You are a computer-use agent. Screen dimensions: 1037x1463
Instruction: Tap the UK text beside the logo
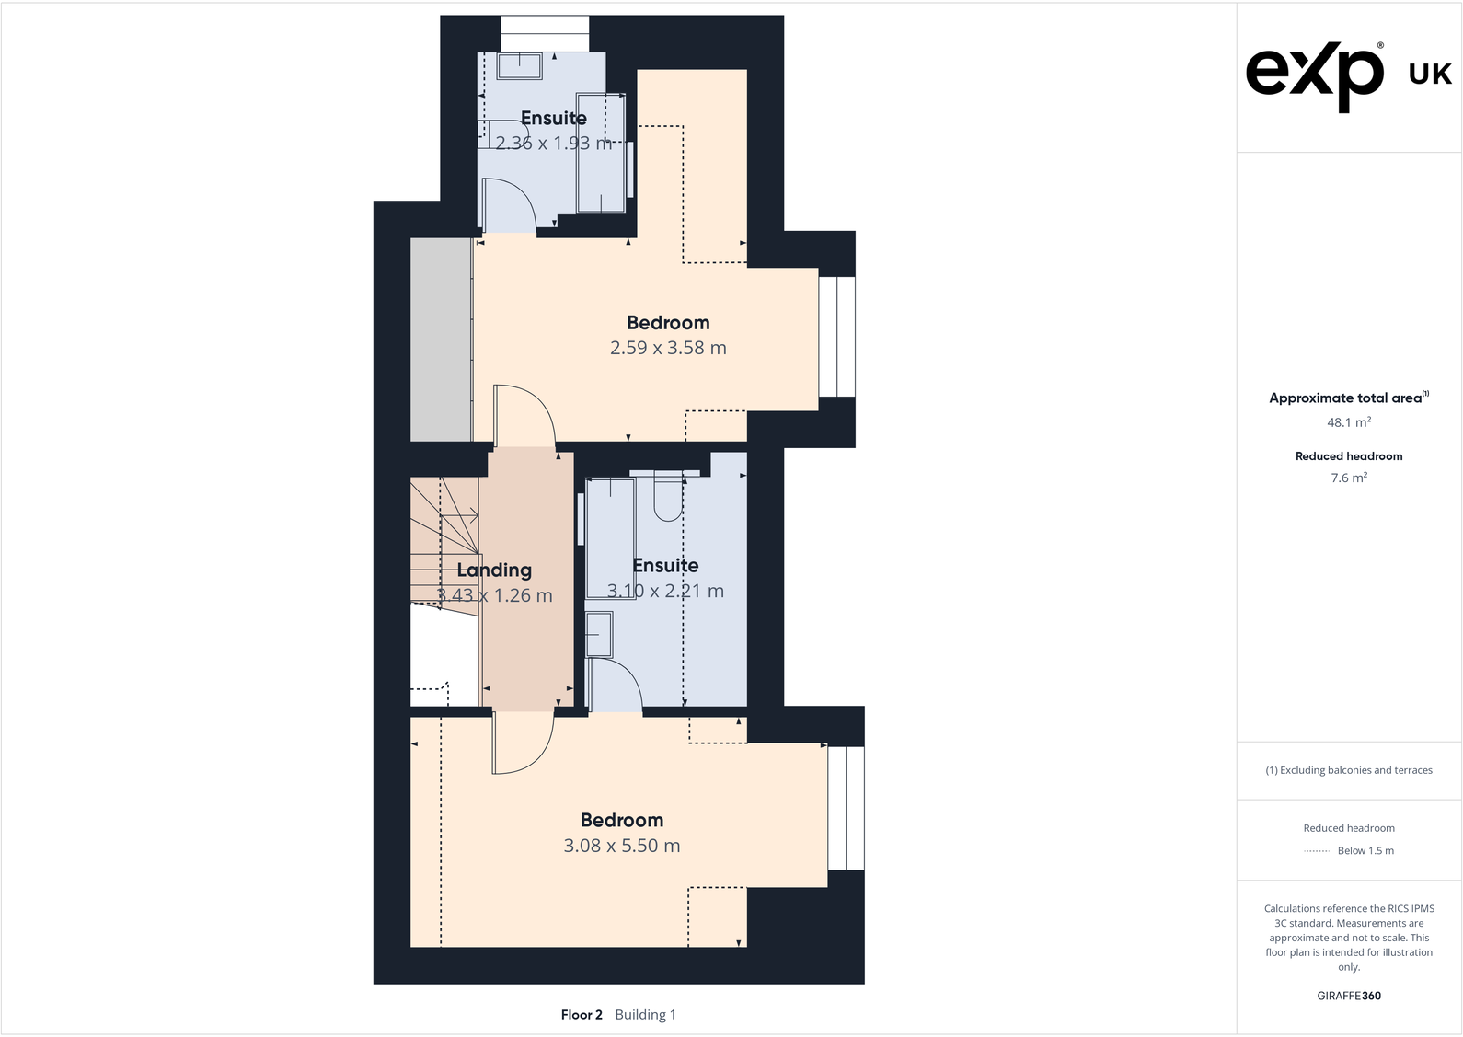(x=1430, y=75)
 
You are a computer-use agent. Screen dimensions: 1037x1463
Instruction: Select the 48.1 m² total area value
(x=1348, y=422)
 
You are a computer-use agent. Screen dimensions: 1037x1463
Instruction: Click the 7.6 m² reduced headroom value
(x=1348, y=478)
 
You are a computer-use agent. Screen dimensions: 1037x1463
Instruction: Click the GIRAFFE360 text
(x=1348, y=996)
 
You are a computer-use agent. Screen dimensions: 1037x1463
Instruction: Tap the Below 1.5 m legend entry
(x=1365, y=850)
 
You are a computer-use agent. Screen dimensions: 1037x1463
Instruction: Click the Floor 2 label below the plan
(x=581, y=1014)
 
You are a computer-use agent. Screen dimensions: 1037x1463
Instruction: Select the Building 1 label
(x=645, y=1014)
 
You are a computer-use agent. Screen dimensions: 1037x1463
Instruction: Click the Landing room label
(x=494, y=570)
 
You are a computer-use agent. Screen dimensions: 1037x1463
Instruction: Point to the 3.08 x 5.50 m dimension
(x=621, y=846)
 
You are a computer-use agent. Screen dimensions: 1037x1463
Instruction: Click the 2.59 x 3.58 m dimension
(x=668, y=348)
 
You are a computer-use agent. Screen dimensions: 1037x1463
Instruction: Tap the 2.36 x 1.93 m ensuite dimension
(x=553, y=143)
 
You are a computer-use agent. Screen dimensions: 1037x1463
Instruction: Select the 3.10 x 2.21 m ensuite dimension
(x=665, y=591)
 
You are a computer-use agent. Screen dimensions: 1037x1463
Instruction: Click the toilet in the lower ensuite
(x=668, y=500)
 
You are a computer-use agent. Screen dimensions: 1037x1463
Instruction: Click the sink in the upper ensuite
(x=520, y=65)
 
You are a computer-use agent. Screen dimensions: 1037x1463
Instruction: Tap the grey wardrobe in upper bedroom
(x=441, y=340)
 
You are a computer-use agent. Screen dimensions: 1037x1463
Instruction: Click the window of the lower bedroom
(x=846, y=808)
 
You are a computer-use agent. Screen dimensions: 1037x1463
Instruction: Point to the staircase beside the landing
(x=444, y=543)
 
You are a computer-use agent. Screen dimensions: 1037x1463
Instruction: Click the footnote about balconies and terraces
(x=1348, y=770)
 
